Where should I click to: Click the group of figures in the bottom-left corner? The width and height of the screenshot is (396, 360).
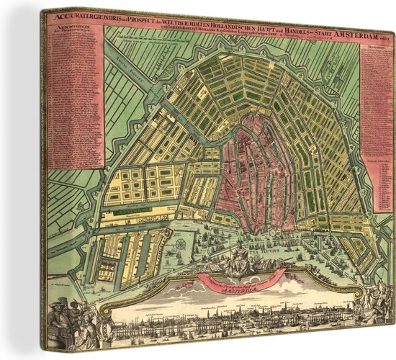tap(72, 320)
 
